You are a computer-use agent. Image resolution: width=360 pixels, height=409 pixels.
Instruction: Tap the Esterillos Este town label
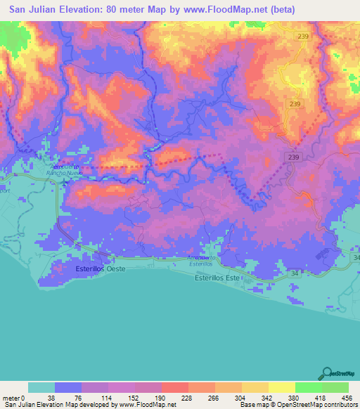coord(217,278)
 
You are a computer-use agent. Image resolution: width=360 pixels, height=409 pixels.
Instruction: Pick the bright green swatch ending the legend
coord(335,387)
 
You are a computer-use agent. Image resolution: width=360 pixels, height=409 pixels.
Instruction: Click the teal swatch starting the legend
coord(41,387)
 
